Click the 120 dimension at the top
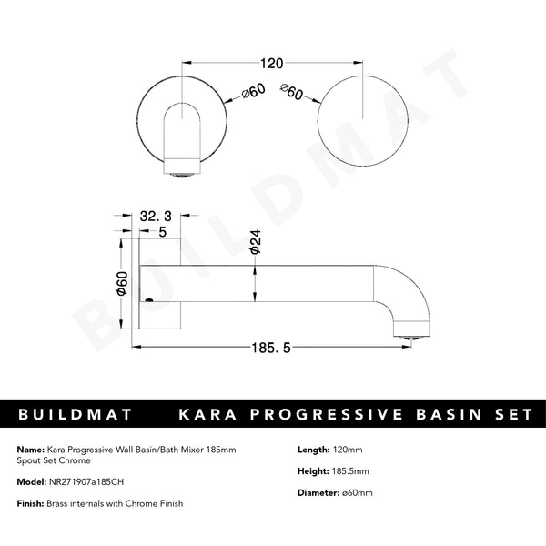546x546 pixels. [271, 64]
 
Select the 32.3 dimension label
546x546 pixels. [157, 217]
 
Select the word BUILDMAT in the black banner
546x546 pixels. [76, 414]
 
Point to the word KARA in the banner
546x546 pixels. [207, 414]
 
